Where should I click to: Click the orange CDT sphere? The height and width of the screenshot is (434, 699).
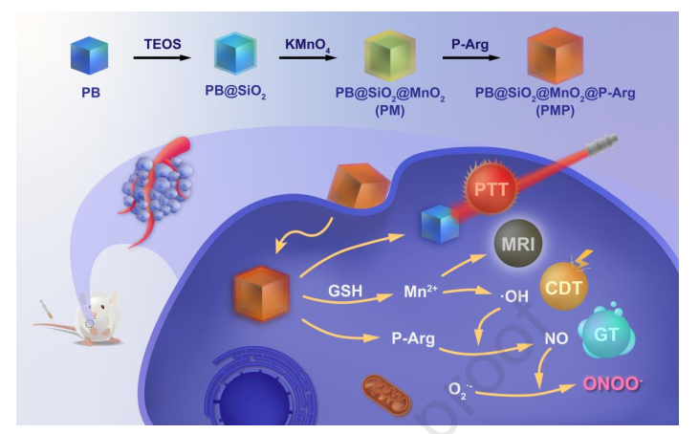(x=565, y=286)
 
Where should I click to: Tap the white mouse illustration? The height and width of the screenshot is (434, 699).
(x=96, y=316)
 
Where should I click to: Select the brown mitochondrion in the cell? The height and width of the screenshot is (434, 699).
(x=387, y=392)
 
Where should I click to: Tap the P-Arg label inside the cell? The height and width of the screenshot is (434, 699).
(x=414, y=336)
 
